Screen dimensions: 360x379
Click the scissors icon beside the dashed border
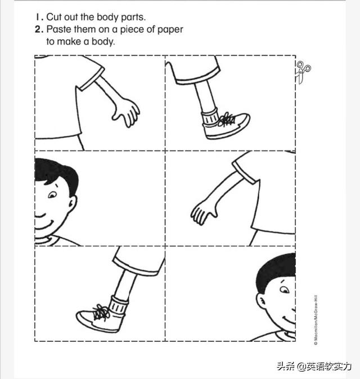(x=303, y=72)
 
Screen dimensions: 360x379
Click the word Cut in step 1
(x=54, y=17)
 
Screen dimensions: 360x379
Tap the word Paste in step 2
(x=58, y=29)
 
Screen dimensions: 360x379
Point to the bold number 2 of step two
(x=38, y=29)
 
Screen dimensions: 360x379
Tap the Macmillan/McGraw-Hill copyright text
(x=316, y=320)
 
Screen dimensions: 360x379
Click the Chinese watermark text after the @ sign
(x=329, y=367)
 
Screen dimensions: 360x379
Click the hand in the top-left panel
(x=126, y=112)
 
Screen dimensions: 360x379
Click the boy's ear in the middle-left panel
(x=72, y=204)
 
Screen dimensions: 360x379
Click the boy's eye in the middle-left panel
(x=52, y=195)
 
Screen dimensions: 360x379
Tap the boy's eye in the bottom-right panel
(x=285, y=289)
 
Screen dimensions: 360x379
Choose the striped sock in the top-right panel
(x=210, y=117)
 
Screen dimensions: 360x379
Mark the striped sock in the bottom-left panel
(x=119, y=306)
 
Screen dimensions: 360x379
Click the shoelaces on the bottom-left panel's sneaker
(x=101, y=313)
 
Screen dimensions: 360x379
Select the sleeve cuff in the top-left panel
(x=92, y=79)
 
